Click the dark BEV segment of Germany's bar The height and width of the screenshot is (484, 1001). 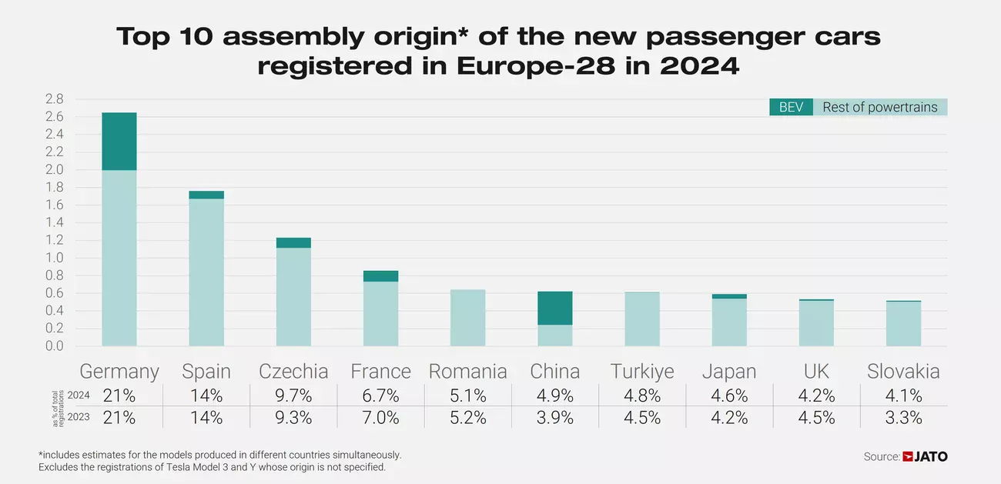[119, 142]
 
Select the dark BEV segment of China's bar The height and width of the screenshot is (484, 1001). [554, 308]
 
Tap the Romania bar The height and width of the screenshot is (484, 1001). [467, 318]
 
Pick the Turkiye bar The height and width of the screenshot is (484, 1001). [641, 319]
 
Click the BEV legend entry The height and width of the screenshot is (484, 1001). [791, 108]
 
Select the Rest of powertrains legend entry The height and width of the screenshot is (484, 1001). [879, 108]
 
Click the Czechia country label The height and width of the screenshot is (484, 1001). [293, 372]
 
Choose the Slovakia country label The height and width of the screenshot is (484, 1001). [903, 372]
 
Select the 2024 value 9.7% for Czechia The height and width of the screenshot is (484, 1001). [293, 396]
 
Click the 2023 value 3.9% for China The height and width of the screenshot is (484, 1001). [554, 418]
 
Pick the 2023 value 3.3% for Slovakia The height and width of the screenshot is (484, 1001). [903, 418]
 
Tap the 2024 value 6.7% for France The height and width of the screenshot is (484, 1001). [380, 396]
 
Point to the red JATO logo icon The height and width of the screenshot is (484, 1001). [908, 457]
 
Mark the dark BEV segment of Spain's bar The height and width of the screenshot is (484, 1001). [206, 195]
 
